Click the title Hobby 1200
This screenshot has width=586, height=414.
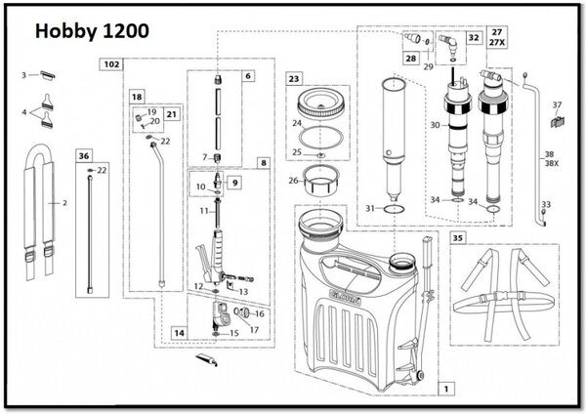click(93, 30)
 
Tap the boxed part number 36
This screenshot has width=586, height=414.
click(85, 155)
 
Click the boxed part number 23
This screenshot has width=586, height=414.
click(294, 76)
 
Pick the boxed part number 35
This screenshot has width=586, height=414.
click(459, 237)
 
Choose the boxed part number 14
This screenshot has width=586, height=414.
click(178, 333)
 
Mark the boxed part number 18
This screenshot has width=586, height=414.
click(138, 98)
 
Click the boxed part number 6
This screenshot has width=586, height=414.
click(248, 75)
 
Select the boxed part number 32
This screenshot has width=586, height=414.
click(474, 38)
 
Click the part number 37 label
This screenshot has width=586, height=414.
click(558, 104)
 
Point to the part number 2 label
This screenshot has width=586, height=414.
click(64, 204)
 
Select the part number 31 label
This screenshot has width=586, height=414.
click(367, 208)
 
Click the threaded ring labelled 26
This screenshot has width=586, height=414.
click(321, 181)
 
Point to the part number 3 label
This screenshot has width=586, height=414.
click(23, 74)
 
